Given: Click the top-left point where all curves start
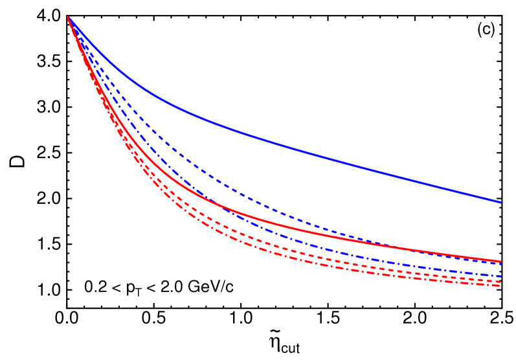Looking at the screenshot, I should (68, 17).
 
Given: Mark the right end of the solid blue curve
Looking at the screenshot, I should (501, 202).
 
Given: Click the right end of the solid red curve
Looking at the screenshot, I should (501, 262).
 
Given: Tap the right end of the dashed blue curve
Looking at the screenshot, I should (501, 264).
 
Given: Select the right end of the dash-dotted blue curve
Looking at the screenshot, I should (501, 276).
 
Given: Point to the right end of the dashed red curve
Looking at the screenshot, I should (500, 282).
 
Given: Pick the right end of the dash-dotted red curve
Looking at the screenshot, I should (500, 286).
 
